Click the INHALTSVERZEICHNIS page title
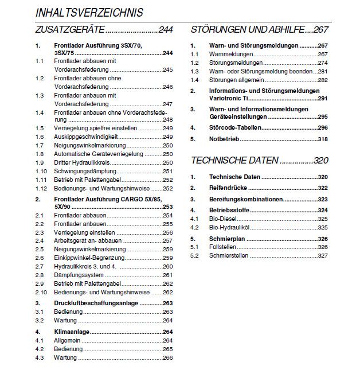pos(89,12)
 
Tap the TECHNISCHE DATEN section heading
pos(235,160)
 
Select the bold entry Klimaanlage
pos(72,332)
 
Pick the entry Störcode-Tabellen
pos(234,127)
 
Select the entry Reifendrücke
pos(229,188)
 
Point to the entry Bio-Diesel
pos(223,219)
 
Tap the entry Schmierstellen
pos(228,255)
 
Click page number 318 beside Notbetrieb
pos(322,139)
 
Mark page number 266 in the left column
pos(167,357)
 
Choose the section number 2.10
pos(40,292)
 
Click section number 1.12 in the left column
pos(40,188)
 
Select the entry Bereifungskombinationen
pos(246,199)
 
